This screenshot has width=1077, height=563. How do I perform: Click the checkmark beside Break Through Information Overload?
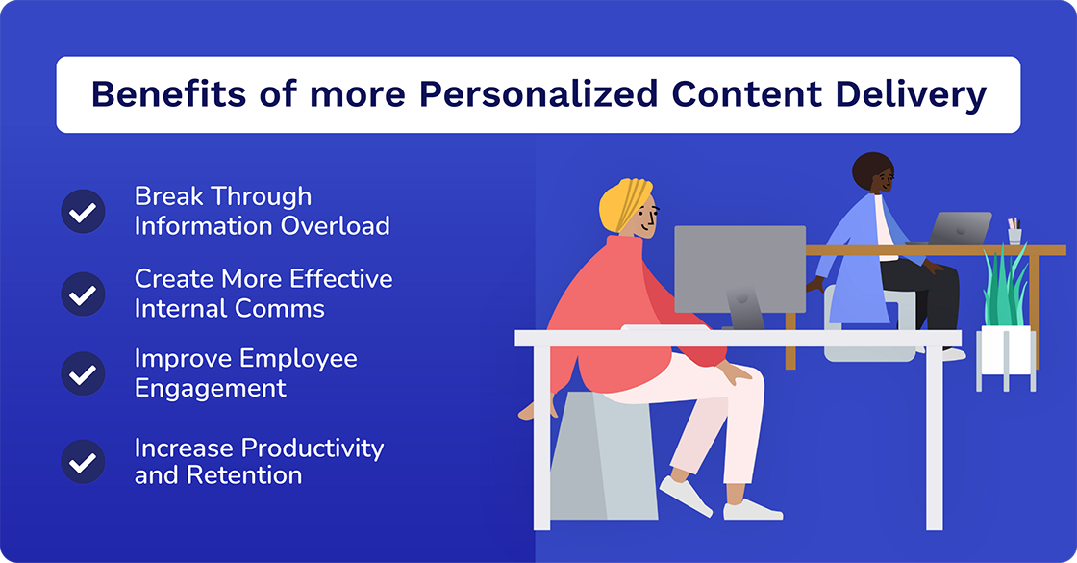coord(83,212)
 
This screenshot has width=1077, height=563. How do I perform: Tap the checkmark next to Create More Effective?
coord(83,294)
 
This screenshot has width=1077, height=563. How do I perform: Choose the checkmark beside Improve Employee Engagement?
coord(83,373)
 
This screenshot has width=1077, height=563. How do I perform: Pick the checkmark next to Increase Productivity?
coord(83,462)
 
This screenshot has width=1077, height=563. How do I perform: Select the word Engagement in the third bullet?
coord(210,388)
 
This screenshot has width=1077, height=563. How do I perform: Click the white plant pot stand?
coord(1006,356)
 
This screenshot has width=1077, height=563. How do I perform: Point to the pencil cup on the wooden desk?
coord(1014,233)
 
